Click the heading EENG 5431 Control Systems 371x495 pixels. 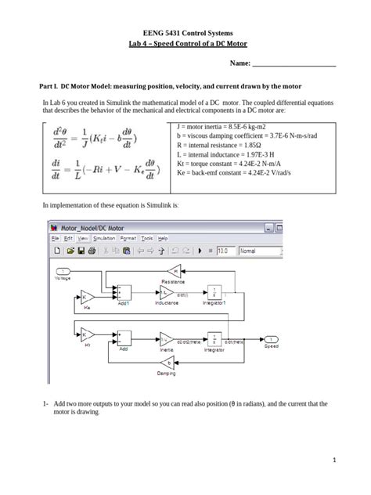[x=185, y=32]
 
